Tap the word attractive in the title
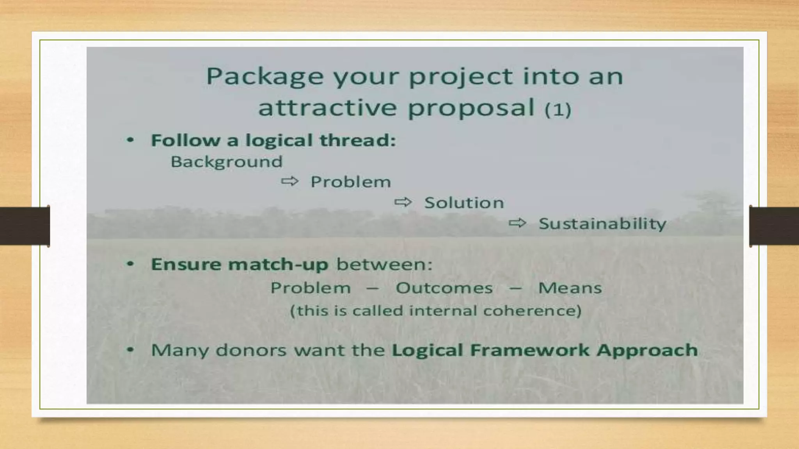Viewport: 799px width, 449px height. (327, 108)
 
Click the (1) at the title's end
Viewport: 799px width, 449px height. (558, 110)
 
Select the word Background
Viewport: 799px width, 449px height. (226, 162)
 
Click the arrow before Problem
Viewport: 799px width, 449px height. (289, 181)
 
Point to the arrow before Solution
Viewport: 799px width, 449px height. (403, 202)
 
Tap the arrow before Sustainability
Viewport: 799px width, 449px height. (517, 223)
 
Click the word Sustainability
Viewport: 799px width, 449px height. (602, 224)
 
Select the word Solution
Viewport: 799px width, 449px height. (464, 203)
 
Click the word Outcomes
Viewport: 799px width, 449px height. (444, 288)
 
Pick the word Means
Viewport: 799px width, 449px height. (570, 288)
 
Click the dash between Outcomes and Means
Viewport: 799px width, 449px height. (515, 289)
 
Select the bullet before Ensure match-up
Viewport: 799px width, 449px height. (130, 264)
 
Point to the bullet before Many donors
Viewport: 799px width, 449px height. (130, 350)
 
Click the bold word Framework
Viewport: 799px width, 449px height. (529, 350)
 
